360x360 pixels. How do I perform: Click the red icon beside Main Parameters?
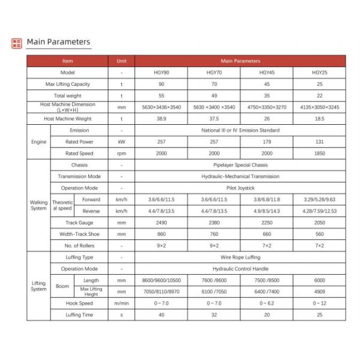point(17,43)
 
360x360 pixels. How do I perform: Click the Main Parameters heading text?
point(58,42)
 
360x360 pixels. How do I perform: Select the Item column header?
point(67,61)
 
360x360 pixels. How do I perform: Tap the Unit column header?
point(121,61)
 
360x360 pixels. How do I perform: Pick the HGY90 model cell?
point(161,73)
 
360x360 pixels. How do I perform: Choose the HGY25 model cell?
point(319,73)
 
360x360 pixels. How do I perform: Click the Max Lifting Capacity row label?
point(67,84)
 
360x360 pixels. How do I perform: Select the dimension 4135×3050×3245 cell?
point(319,107)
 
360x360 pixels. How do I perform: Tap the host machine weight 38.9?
point(161,119)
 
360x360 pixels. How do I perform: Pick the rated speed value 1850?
point(319,154)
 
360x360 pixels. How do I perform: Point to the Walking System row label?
point(38,205)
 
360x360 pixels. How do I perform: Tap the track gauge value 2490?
point(161,223)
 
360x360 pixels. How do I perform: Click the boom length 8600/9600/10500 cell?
point(161,280)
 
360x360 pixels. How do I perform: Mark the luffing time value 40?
point(161,315)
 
